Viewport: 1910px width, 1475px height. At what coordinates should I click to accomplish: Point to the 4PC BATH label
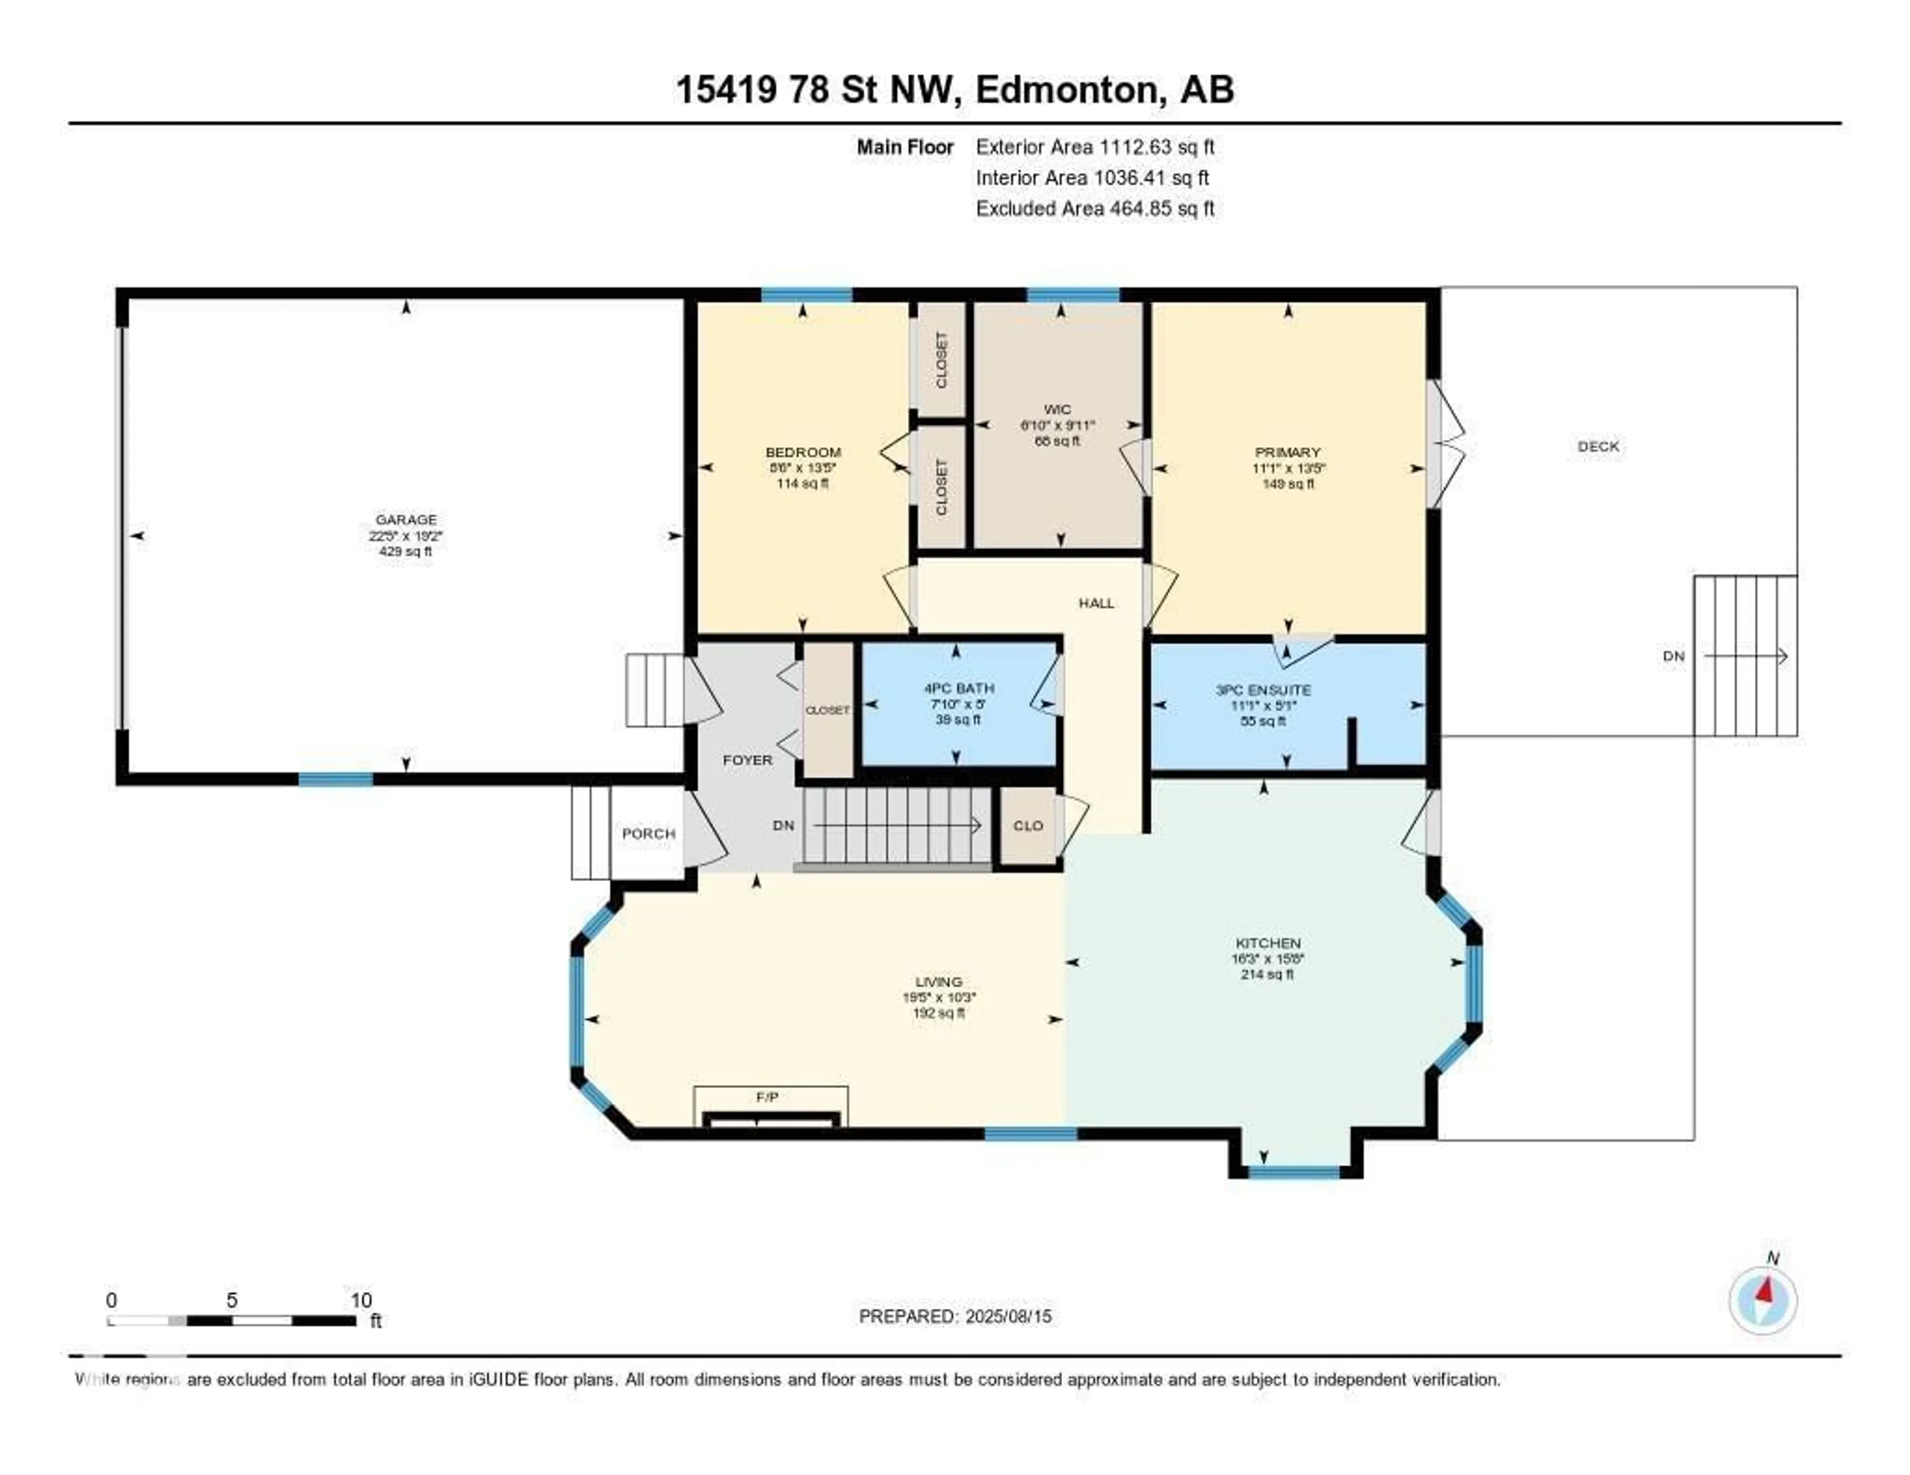(x=958, y=688)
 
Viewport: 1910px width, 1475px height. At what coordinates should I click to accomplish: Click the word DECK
(x=1598, y=446)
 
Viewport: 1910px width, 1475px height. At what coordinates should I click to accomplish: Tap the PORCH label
(x=648, y=834)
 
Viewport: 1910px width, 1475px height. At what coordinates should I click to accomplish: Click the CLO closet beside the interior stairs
(x=1028, y=826)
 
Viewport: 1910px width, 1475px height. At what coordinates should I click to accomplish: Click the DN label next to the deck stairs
(x=1673, y=656)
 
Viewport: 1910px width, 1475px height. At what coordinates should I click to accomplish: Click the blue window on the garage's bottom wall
(x=336, y=779)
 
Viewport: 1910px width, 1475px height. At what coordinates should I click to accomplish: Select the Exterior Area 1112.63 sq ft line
(x=1095, y=147)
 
